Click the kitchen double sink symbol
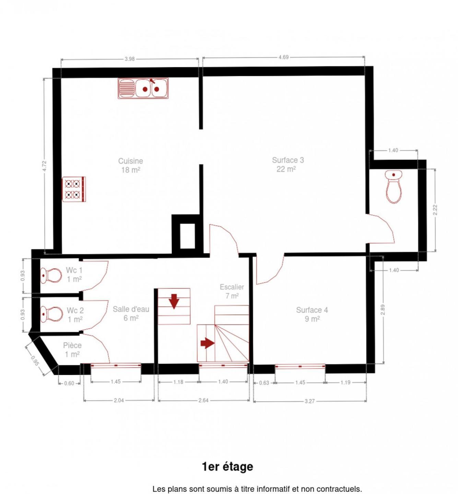tap(143, 88)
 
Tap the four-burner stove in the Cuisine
tap(74, 189)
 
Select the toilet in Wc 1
tap(51, 275)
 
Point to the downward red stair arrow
tap(174, 301)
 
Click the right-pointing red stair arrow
tap(208, 343)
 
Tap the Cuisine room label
tap(131, 165)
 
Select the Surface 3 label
tap(288, 164)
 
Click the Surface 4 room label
tap(312, 314)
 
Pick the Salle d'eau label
tap(131, 314)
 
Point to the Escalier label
tap(232, 291)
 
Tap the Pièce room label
tap(72, 350)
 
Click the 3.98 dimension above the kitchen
tap(130, 59)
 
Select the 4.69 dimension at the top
tap(284, 57)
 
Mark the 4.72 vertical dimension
tap(45, 166)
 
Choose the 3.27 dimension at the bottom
tap(310, 401)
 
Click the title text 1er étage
tap(228, 467)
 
